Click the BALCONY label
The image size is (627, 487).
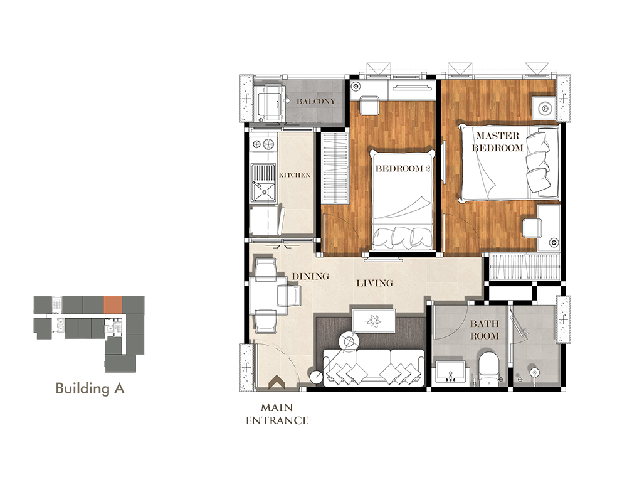tap(316, 101)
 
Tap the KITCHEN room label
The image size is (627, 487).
tap(294, 175)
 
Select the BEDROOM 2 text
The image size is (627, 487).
tap(403, 168)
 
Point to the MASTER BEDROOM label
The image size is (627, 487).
tap(498, 142)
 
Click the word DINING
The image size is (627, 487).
tap(310, 276)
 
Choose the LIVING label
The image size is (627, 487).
tap(375, 283)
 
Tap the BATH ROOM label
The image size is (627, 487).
tap(484, 329)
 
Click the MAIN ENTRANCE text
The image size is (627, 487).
tap(277, 414)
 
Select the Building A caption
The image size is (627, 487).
tap(90, 388)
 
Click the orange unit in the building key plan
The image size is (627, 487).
tap(113, 304)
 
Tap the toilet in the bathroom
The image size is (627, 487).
tap(489, 369)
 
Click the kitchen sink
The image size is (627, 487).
tap(263, 183)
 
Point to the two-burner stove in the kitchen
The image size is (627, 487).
tap(263, 142)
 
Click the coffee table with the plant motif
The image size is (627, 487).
tap(374, 321)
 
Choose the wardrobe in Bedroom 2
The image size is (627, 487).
tap(335, 168)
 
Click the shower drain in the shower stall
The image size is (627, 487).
tap(534, 373)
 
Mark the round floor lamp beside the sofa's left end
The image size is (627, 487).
tap(317, 377)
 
